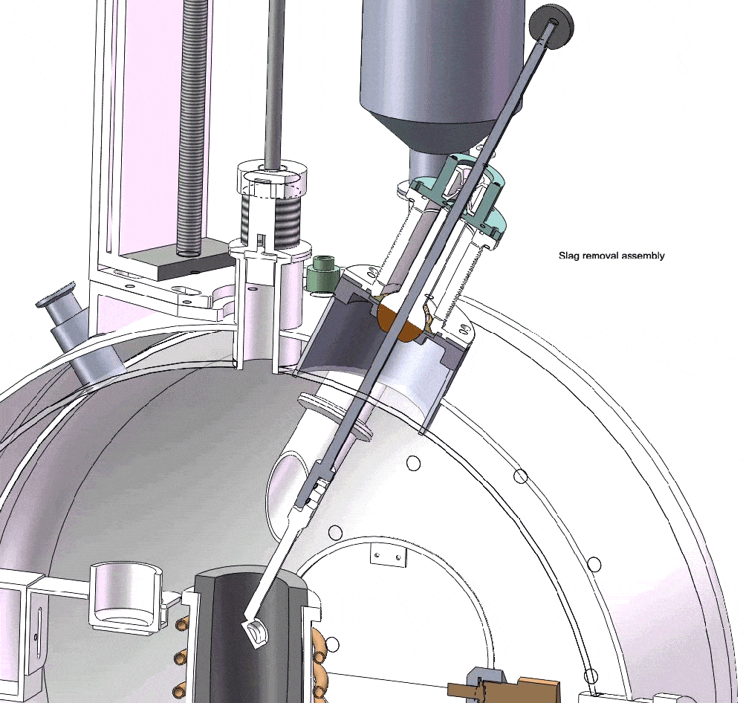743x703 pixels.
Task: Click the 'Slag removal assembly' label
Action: tap(611, 256)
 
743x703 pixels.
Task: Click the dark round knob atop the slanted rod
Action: tap(551, 26)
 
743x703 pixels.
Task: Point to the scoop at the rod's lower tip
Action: tap(254, 635)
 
